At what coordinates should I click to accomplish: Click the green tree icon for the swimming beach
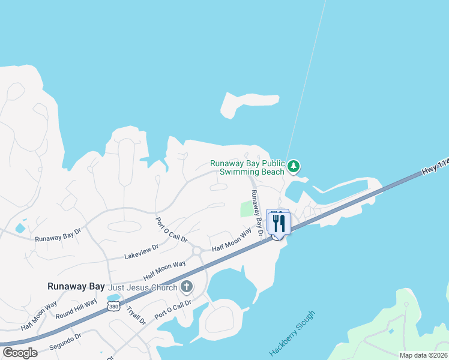(x=294, y=166)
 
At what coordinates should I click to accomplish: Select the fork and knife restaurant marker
(x=279, y=223)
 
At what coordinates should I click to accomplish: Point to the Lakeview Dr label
(x=141, y=251)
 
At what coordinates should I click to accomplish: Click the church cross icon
(x=187, y=287)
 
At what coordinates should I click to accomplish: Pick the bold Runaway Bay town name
(x=76, y=287)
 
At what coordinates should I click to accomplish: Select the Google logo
(x=20, y=353)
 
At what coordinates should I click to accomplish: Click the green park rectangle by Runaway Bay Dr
(x=247, y=209)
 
